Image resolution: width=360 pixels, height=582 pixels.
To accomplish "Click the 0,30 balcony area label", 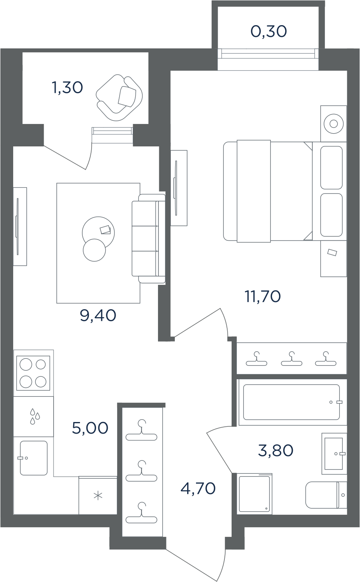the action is pos(268,32).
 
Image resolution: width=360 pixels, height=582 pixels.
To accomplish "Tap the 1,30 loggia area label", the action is pos(67,87).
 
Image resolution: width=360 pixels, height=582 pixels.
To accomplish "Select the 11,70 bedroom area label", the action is pos(263,296).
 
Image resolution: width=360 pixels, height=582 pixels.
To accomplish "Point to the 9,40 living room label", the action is pos(98,316).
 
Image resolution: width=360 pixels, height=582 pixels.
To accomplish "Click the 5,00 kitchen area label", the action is pos(90,428).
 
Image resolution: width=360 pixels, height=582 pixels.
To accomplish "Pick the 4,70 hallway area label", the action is pos(198,488).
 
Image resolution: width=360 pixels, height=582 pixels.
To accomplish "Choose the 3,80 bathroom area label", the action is pos(276,450).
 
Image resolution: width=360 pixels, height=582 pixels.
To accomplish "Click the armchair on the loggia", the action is pos(120,98).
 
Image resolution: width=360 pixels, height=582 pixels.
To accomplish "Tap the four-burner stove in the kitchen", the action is pos(33,373).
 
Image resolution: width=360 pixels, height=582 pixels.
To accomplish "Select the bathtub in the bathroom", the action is pos(292,402).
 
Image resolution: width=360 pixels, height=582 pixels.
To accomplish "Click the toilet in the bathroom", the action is pos(326,495).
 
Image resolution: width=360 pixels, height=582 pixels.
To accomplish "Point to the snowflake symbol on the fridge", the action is pos(98,496).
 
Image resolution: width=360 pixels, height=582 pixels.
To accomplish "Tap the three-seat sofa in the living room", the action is pos(148,238).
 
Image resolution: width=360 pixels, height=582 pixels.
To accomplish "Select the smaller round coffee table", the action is pos(94,250).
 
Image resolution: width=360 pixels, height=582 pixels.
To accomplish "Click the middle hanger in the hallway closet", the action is pos(142,474).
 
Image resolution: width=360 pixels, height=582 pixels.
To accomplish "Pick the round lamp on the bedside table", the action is pos(334,124).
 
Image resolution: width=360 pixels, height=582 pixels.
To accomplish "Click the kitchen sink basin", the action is pos(34,458).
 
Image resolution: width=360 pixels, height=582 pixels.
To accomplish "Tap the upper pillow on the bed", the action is pos(332,168).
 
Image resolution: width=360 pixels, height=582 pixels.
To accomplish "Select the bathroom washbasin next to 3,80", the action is pos(334,453).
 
